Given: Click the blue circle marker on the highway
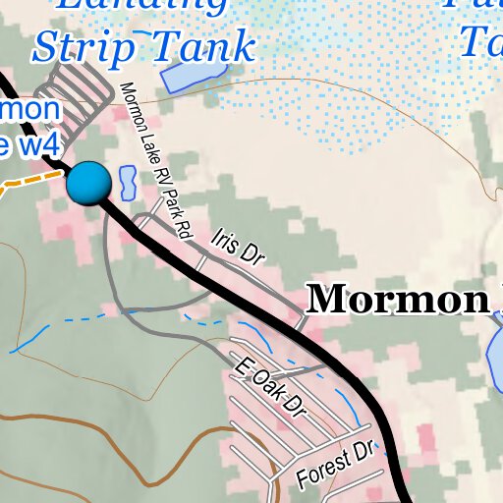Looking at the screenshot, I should click(89, 183).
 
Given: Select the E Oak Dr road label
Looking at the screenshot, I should click(270, 387).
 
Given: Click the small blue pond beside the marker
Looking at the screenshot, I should click(127, 181).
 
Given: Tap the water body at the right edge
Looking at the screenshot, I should click(495, 355).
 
